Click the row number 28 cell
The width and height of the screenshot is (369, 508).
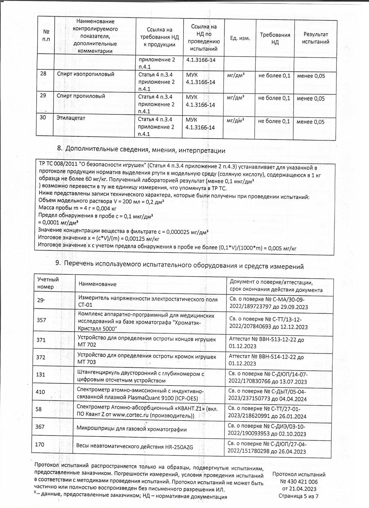coord(43,74)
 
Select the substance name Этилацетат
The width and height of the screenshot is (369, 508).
coord(69,118)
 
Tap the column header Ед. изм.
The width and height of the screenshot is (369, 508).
coord(240,38)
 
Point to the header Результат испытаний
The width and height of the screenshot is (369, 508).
coord(316,38)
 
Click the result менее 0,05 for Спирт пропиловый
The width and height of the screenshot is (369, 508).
coord(311,98)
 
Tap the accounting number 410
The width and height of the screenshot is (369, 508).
coord(40,392)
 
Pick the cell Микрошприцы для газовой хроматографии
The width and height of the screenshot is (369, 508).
coord(132,429)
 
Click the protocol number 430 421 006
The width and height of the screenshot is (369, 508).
coord(299,482)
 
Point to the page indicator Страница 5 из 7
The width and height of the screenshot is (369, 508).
coord(299,496)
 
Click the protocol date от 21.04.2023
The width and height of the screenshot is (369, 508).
coord(299,489)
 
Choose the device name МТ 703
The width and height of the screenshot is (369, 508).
coord(86,362)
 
